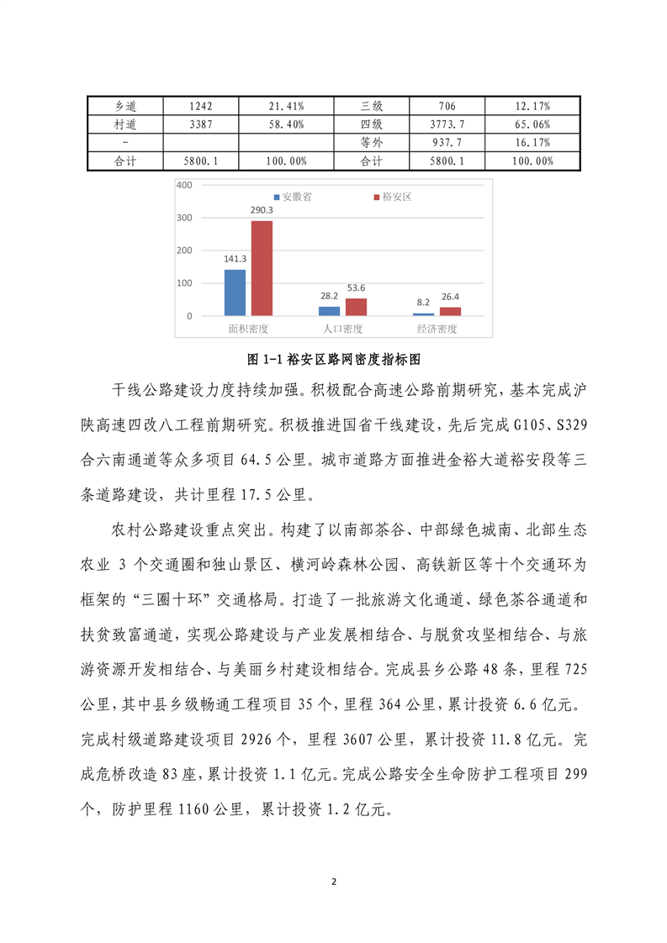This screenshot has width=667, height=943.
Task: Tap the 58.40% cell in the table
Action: (x=286, y=124)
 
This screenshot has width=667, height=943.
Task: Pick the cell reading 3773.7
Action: (x=447, y=124)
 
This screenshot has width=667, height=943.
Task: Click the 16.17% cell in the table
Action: (x=532, y=142)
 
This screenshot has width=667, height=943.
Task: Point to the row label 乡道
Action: (x=125, y=107)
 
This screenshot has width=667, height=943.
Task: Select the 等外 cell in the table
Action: (x=371, y=142)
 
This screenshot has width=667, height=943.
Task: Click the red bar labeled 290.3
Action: (x=262, y=268)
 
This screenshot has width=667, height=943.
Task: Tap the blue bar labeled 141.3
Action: (x=235, y=292)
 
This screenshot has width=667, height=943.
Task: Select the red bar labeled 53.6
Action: (x=356, y=307)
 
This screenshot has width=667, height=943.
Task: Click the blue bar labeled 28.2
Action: (x=329, y=311)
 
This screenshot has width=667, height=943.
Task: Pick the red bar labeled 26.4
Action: (x=450, y=312)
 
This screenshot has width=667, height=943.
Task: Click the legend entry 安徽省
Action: (x=291, y=197)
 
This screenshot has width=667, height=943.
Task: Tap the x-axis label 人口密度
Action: (x=343, y=329)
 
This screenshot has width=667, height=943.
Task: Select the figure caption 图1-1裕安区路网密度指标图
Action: (x=334, y=359)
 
